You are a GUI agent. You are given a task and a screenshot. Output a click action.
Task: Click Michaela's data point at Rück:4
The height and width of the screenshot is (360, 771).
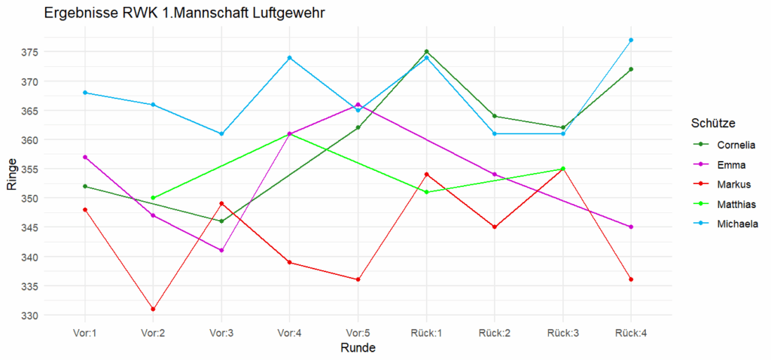[631, 40]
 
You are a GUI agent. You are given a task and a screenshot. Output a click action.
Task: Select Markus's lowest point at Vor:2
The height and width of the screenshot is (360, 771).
[153, 309]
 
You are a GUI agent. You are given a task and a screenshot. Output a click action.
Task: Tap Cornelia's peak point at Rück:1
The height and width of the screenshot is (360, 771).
[426, 51]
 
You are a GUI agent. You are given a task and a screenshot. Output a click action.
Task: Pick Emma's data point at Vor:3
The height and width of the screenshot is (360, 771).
[221, 250]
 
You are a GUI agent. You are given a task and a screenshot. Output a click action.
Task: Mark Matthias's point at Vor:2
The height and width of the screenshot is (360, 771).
[153, 198]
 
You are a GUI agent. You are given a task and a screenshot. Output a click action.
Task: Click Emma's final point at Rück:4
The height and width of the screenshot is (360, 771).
[631, 227]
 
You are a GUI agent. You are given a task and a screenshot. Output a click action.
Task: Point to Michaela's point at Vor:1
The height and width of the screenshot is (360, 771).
[85, 93]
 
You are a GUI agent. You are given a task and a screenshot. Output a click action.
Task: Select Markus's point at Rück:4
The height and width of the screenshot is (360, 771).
[631, 279]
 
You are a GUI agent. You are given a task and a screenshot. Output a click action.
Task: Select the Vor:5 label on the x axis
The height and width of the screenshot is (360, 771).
[358, 332]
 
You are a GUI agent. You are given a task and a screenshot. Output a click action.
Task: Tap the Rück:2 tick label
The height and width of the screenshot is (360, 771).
[494, 332]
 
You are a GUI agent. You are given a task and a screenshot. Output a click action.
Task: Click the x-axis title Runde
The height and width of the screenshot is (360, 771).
[358, 348]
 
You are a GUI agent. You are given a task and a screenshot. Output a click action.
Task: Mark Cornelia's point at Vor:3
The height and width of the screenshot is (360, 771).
[221, 221]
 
